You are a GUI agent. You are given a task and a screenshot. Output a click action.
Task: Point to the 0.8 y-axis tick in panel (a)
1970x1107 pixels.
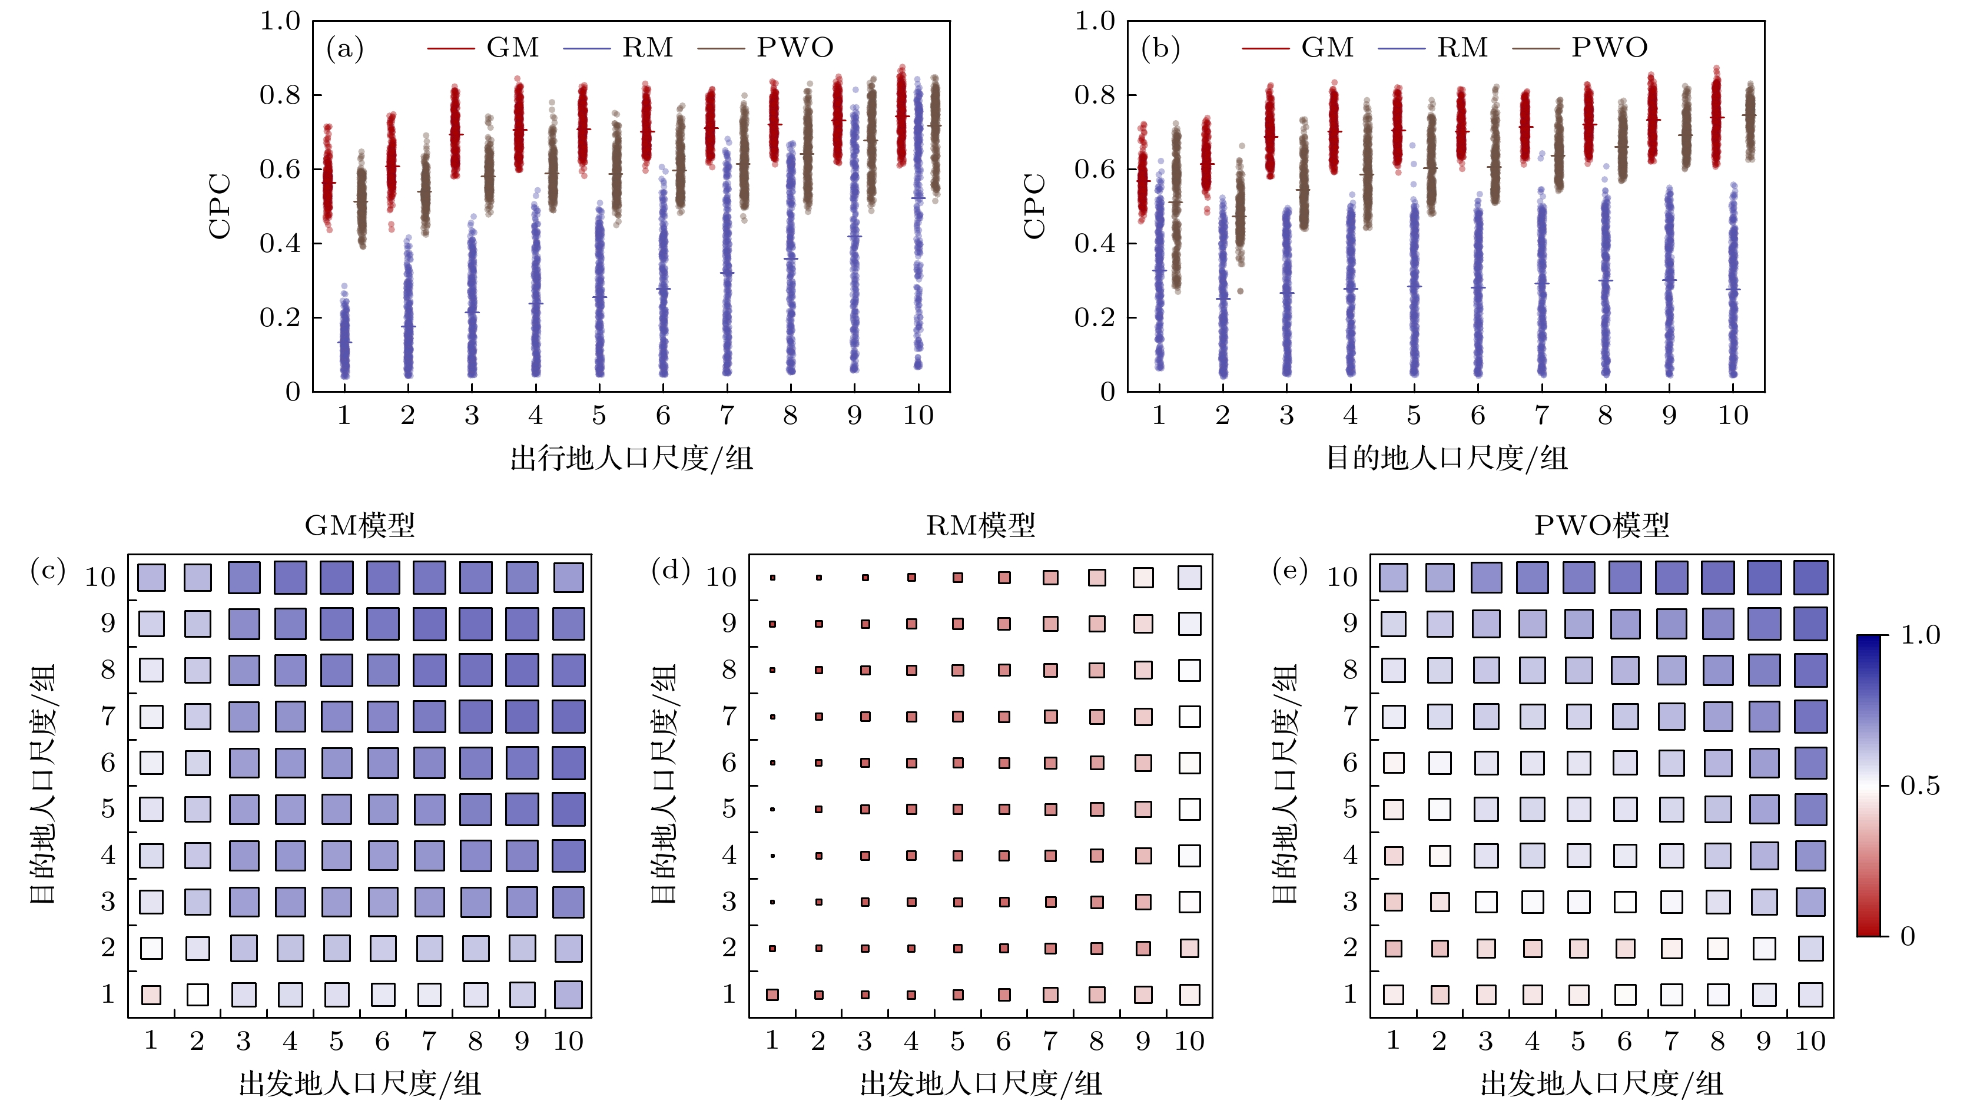280,95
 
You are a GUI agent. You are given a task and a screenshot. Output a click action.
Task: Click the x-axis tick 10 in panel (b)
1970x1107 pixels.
1733,415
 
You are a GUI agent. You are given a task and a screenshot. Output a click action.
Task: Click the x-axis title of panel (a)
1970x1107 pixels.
632,458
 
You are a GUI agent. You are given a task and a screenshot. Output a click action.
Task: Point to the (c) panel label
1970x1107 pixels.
48,571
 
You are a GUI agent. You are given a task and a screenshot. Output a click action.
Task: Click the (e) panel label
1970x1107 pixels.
1289,571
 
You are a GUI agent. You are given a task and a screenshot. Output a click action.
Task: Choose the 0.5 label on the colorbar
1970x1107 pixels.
1919,785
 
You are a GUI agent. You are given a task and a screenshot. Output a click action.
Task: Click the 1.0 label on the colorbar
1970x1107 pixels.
1919,635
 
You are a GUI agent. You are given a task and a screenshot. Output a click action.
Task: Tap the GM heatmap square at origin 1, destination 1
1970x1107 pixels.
151,995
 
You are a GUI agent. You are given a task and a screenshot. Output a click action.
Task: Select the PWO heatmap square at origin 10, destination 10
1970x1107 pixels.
1810,578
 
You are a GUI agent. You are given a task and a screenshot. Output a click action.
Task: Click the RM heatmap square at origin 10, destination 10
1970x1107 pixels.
1189,578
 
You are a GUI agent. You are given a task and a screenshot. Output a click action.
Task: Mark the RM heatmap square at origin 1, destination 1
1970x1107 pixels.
772,995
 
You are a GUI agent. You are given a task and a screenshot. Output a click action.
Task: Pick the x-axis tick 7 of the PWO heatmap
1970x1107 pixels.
1671,1041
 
